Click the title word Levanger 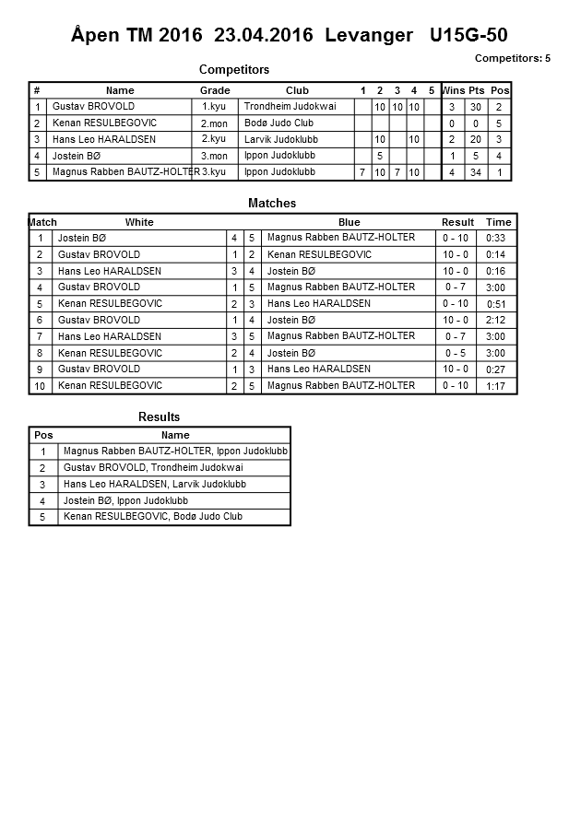click(369, 35)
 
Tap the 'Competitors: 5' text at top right click(512, 58)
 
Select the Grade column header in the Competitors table click(215, 90)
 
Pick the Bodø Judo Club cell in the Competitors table click(279, 123)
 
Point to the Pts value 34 click(476, 172)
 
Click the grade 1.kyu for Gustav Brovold click(213, 107)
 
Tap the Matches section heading click(272, 203)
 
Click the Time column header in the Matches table click(498, 222)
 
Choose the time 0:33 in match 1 click(495, 239)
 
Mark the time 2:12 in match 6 click(495, 321)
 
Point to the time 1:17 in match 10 click(495, 386)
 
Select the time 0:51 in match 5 click(495, 304)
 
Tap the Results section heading click(159, 417)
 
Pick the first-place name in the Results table click(175, 452)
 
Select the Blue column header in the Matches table click(349, 222)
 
